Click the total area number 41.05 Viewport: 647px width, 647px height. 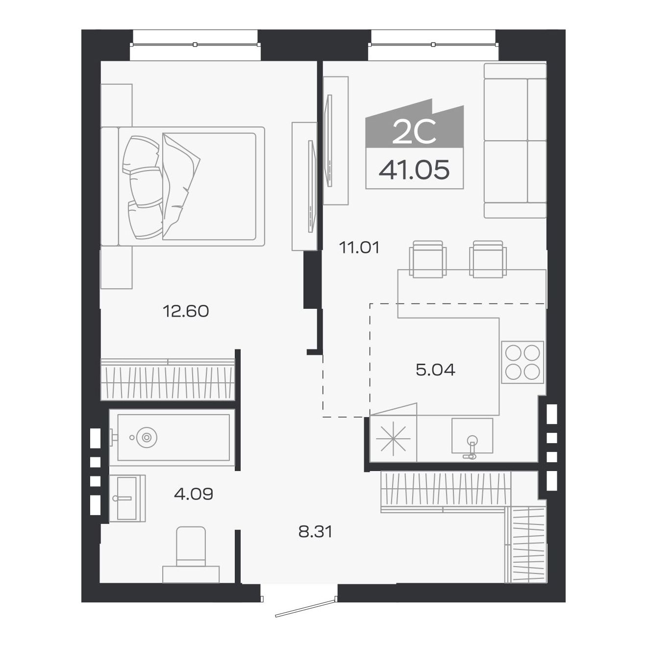click(414, 170)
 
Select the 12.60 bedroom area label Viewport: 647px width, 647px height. click(186, 311)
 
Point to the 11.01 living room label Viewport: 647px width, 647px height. click(359, 248)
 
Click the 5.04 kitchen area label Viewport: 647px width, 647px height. click(435, 370)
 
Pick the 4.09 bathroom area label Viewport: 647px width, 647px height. click(194, 494)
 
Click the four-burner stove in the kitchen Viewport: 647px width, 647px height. click(522, 362)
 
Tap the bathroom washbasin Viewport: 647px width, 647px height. click(127, 498)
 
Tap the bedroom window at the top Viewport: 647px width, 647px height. click(195, 44)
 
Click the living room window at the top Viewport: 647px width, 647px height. click(433, 44)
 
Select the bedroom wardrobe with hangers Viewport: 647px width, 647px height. click(168, 379)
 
